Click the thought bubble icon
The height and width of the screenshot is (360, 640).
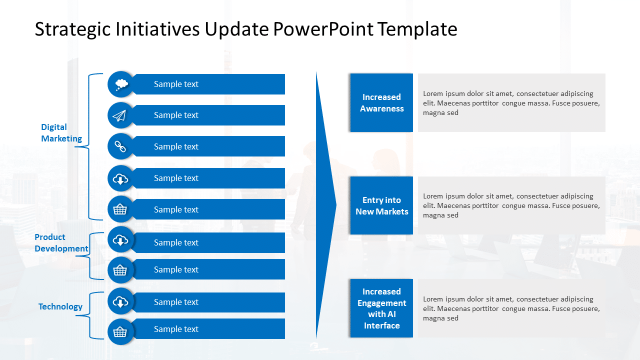point(120,84)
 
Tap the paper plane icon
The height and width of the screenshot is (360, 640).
point(120,115)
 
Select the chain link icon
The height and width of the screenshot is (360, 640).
point(120,146)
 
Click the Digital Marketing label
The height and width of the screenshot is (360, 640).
point(61,133)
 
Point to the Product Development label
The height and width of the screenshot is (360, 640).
point(61,243)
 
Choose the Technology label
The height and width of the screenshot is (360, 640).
point(60,306)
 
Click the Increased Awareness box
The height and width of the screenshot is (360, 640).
point(381,103)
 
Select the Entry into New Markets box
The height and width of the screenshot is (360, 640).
point(381,205)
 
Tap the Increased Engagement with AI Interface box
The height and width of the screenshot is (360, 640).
point(381,308)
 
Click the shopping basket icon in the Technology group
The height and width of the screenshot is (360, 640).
point(120,332)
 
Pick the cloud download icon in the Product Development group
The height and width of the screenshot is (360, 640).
point(120,240)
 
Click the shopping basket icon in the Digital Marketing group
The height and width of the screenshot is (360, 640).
point(120,209)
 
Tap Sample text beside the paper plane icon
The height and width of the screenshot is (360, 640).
point(176,115)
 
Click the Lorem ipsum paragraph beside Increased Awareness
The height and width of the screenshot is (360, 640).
point(511,103)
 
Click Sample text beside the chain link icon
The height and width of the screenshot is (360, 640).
point(176,146)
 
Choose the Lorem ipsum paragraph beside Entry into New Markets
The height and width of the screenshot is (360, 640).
point(511,205)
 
